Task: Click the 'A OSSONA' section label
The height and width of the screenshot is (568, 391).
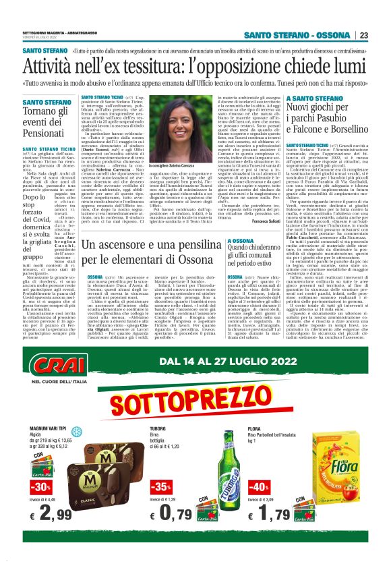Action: click(241, 240)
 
